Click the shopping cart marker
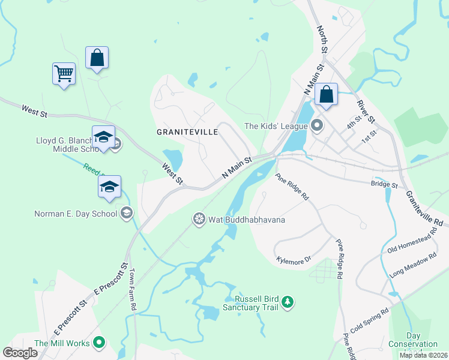(64, 74)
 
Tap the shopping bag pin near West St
(97, 59)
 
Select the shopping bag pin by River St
(326, 95)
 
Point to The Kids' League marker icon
(318, 126)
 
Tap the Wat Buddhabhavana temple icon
(199, 220)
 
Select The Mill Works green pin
(100, 343)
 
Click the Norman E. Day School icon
(127, 212)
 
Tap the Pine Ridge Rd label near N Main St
(292, 187)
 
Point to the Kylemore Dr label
(294, 260)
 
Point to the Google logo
(20, 352)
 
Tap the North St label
(322, 38)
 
